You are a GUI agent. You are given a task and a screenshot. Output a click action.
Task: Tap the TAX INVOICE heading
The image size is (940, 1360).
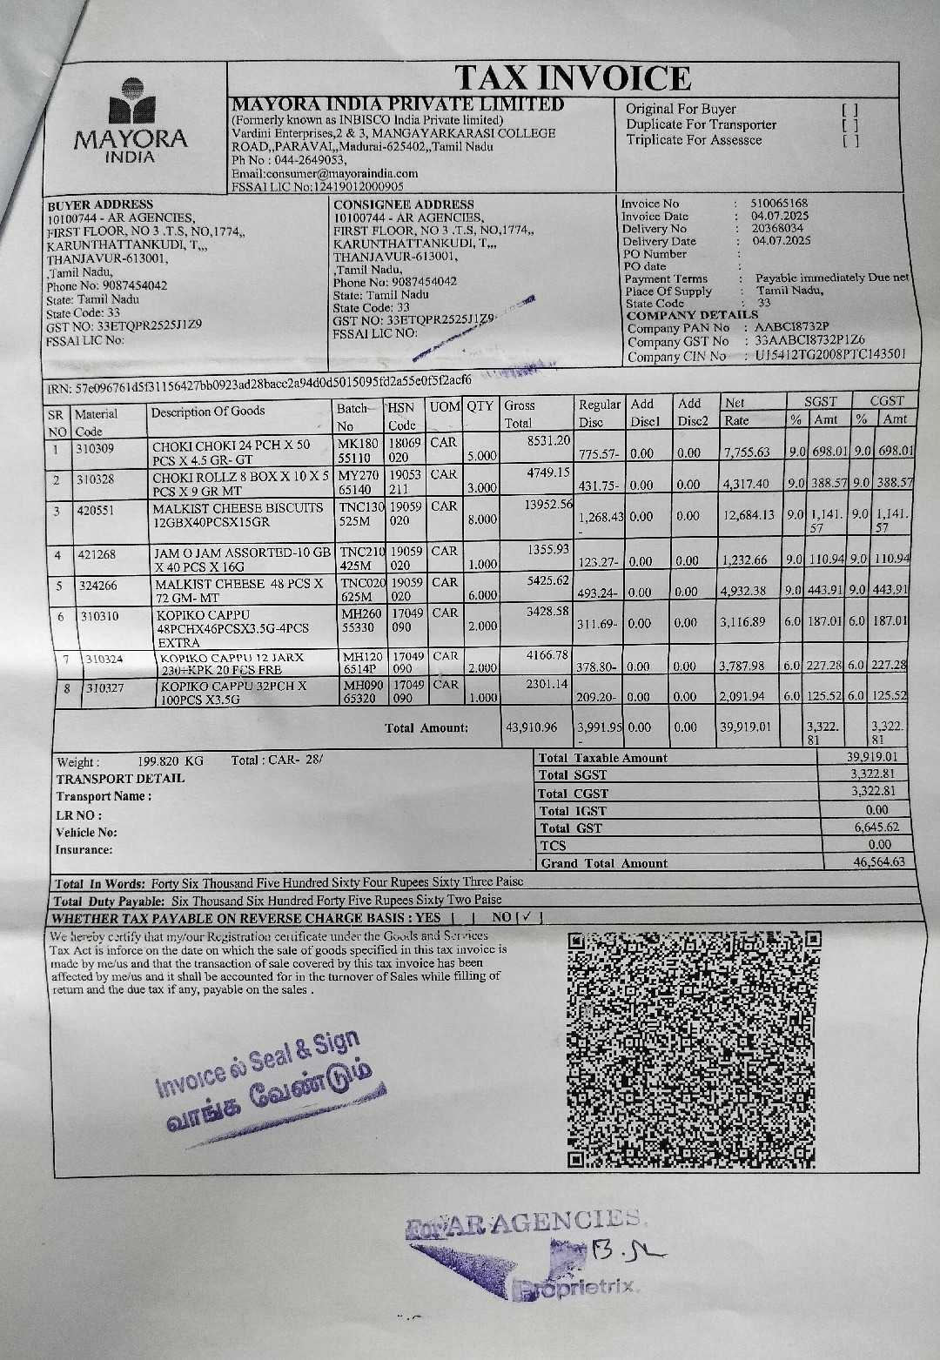click(574, 78)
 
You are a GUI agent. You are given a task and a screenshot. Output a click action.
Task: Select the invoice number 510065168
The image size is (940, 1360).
click(779, 204)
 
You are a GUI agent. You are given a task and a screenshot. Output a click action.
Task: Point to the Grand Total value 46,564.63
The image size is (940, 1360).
click(879, 862)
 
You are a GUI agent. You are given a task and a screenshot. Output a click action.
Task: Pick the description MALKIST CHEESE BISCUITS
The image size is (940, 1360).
click(238, 508)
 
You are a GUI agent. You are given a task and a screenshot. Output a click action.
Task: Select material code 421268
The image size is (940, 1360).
click(97, 554)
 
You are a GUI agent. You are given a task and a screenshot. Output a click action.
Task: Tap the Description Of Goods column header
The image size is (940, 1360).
click(207, 412)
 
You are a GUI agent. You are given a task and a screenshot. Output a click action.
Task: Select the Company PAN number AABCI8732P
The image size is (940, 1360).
click(792, 328)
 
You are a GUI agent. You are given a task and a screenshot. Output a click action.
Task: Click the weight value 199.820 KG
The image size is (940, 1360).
click(170, 760)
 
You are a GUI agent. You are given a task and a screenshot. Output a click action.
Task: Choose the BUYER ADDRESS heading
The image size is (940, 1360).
click(99, 204)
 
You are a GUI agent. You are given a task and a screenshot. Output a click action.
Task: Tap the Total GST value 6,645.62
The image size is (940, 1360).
click(876, 827)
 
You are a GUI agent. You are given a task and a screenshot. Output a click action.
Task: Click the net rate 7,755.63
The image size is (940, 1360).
click(746, 452)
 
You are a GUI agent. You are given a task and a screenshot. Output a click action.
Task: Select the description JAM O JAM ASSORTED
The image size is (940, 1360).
click(242, 553)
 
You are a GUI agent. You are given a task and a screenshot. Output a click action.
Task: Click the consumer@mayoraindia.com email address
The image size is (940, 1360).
click(325, 173)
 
